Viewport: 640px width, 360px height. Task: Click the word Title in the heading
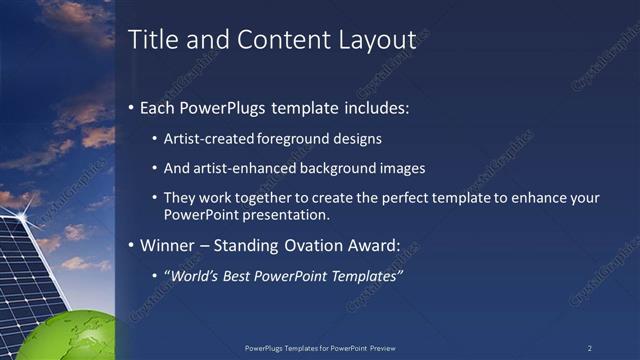click(154, 40)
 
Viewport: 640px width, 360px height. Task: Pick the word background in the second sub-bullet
click(343, 168)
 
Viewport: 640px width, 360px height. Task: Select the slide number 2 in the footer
click(589, 348)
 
